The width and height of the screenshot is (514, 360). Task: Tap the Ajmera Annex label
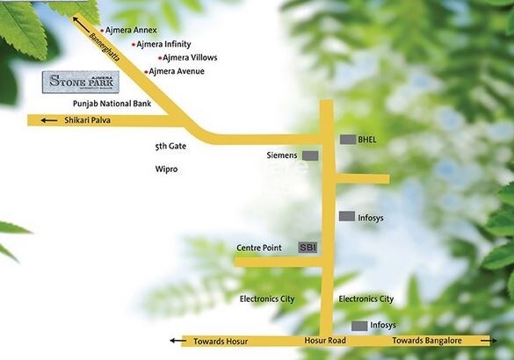coord(133,30)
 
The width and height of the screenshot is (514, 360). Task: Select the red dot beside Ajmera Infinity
coord(134,44)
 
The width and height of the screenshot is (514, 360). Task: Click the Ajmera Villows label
coord(190,58)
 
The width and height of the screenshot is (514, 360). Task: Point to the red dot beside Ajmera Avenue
coord(146,71)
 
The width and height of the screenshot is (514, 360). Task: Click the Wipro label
coord(166,169)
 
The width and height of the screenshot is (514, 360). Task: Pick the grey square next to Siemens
coord(311,155)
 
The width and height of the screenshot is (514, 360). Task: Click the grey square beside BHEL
coord(348,140)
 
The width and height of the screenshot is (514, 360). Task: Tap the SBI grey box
coord(308,248)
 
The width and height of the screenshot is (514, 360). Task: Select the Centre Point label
coord(259,248)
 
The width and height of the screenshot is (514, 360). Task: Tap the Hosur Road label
coord(325,341)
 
